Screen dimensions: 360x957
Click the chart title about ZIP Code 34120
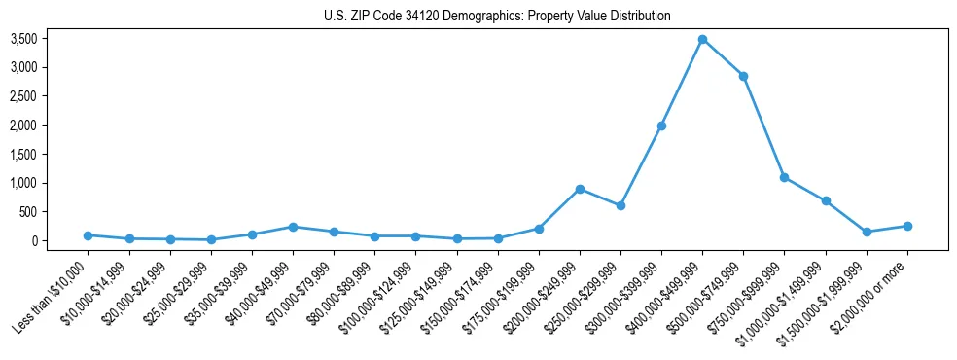click(497, 17)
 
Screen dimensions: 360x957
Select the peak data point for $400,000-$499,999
click(702, 39)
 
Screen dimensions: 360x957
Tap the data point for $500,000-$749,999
click(743, 76)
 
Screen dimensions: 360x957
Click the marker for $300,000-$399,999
click(661, 126)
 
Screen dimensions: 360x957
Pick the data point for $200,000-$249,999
click(580, 189)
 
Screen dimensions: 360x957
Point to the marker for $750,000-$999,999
click(784, 177)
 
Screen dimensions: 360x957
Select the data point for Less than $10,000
click(89, 235)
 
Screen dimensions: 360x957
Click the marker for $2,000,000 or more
click(907, 226)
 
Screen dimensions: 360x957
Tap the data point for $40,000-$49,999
click(293, 227)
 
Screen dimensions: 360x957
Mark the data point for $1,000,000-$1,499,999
click(826, 200)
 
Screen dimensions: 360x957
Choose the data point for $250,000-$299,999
click(620, 205)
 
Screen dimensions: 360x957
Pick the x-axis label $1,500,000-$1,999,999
click(823, 302)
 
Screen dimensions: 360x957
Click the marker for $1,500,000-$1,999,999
click(867, 232)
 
